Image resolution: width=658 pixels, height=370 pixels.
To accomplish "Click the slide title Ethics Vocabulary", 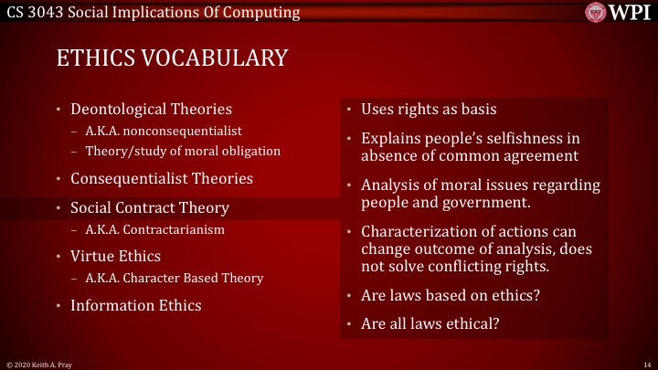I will pos(172,58).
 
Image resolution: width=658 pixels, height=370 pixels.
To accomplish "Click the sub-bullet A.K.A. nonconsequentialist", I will pos(164,131).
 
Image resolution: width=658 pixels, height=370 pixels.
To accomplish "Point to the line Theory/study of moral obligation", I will pos(183,150).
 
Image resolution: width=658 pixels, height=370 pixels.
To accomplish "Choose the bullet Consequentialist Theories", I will pos(162,178).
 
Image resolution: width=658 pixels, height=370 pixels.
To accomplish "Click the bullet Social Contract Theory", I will pos(150,207).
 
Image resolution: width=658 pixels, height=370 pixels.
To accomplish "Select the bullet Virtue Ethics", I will pos(115,257).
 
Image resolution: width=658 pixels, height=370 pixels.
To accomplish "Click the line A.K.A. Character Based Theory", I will pos(174,278).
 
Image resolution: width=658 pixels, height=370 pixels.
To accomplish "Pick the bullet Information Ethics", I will pos(136,305).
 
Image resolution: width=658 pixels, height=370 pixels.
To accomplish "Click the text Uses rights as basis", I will pos(429,110).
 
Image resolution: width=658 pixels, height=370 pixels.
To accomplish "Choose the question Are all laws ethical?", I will pos(430,322).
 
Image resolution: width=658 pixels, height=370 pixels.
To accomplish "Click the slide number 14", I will pos(645,364).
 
